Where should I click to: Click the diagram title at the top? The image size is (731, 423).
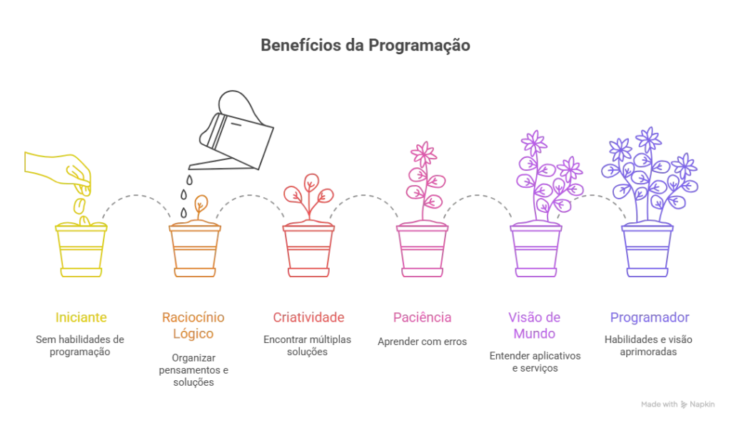pyautogui.click(x=365, y=44)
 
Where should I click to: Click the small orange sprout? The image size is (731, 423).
pyautogui.click(x=200, y=207)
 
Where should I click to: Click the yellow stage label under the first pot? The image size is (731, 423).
pyautogui.click(x=81, y=317)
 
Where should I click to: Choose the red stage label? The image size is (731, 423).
pyautogui.click(x=308, y=317)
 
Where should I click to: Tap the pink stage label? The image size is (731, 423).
pyautogui.click(x=422, y=317)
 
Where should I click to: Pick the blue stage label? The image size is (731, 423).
pyautogui.click(x=648, y=317)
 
